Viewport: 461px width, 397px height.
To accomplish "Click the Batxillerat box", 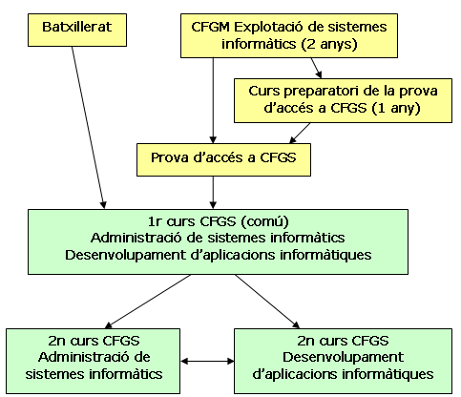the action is point(77,30).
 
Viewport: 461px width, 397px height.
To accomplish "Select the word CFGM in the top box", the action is point(210,27).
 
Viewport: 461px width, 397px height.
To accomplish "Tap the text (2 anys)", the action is point(329,44).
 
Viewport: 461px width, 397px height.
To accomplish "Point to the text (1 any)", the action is point(396,108).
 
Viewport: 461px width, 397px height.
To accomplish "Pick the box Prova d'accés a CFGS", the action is point(223,159).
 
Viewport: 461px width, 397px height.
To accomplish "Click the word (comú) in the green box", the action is point(264,221).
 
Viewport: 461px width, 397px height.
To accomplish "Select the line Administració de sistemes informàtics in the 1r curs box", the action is point(218,238).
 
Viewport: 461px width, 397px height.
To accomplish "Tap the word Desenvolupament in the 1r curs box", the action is point(125,255).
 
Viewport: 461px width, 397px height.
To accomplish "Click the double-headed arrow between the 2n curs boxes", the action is point(207,361).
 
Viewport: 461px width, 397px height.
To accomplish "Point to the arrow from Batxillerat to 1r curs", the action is point(88,128).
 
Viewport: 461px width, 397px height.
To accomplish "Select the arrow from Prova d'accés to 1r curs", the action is point(213,193).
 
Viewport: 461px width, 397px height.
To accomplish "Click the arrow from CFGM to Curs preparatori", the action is point(317,68).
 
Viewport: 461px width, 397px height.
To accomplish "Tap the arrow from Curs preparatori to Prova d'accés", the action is point(300,133).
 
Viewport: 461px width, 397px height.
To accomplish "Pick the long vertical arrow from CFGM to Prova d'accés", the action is point(213,100).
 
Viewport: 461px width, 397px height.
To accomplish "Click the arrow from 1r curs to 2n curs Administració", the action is point(148,302).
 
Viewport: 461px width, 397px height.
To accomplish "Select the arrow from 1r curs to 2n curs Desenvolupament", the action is point(267,302).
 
